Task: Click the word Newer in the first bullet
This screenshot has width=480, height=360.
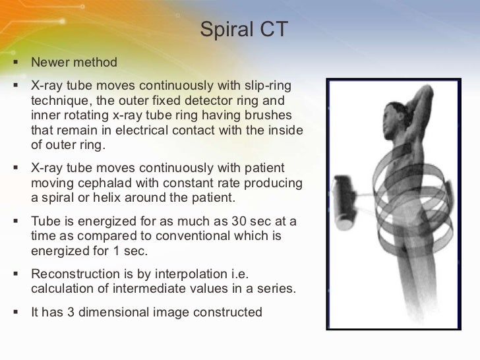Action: pyautogui.click(x=50, y=63)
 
